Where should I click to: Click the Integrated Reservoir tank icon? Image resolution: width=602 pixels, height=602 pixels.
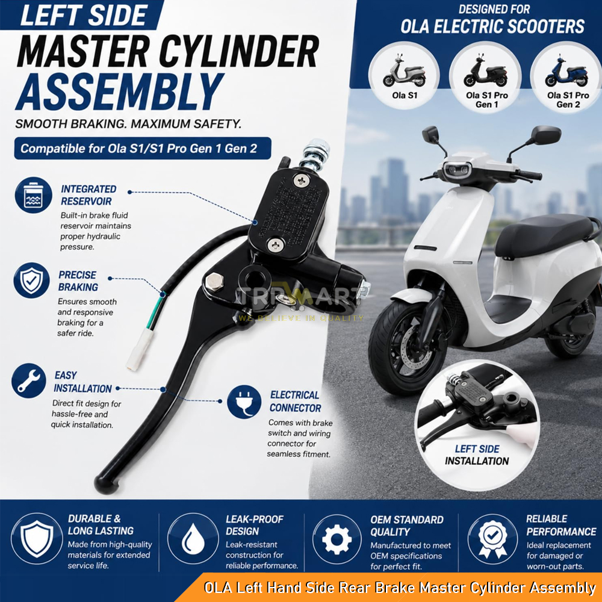click(x=33, y=195)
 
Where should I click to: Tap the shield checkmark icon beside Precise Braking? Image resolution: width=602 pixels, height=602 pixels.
click(x=31, y=281)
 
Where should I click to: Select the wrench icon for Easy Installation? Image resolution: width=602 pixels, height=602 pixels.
click(x=29, y=380)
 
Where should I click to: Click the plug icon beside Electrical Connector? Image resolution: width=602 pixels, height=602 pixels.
click(x=244, y=402)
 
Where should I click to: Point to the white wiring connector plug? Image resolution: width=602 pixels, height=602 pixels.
click(x=140, y=349)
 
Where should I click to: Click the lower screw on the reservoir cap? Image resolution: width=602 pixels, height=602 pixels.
click(x=275, y=244)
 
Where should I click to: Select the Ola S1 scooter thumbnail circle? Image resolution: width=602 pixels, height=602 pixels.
click(x=405, y=75)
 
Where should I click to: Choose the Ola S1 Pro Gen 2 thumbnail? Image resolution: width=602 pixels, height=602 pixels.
click(x=566, y=77)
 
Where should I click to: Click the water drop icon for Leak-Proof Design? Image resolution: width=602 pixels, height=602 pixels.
click(x=193, y=539)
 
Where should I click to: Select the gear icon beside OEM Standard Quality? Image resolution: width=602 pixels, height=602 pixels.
click(x=337, y=539)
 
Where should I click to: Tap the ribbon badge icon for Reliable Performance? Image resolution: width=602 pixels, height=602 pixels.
click(x=492, y=539)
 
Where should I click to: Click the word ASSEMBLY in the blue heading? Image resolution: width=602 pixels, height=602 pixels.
click(x=119, y=92)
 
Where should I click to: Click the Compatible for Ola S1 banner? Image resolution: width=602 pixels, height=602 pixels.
click(x=143, y=148)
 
